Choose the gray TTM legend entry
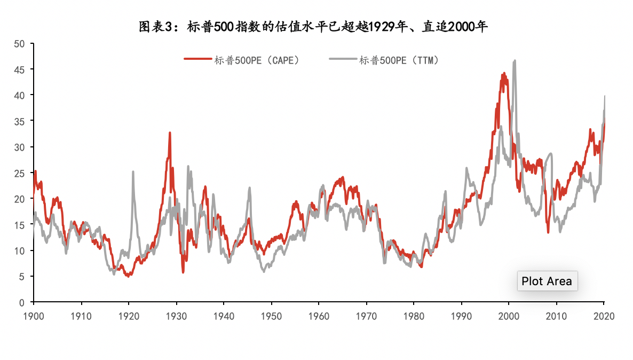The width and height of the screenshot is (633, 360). (385, 60)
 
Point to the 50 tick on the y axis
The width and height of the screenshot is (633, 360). (19, 44)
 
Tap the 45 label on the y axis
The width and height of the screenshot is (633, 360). (19, 69)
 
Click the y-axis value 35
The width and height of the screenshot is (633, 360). (19, 121)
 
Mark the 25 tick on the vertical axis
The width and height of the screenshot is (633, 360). (19, 173)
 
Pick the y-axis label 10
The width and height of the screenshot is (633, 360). (19, 251)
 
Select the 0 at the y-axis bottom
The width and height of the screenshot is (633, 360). (22, 302)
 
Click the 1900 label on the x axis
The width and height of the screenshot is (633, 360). (33, 316)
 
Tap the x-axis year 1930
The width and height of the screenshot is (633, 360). (176, 316)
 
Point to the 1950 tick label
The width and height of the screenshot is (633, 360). (271, 316)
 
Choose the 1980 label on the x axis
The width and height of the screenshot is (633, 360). (414, 316)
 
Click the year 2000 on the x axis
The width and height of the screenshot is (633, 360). (509, 316)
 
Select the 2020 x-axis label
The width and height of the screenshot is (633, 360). (604, 316)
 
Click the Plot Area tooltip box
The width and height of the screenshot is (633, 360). (547, 281)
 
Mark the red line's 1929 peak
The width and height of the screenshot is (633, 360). (170, 133)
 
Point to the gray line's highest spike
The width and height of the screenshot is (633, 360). (515, 61)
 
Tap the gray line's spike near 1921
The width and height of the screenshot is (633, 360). (133, 172)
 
